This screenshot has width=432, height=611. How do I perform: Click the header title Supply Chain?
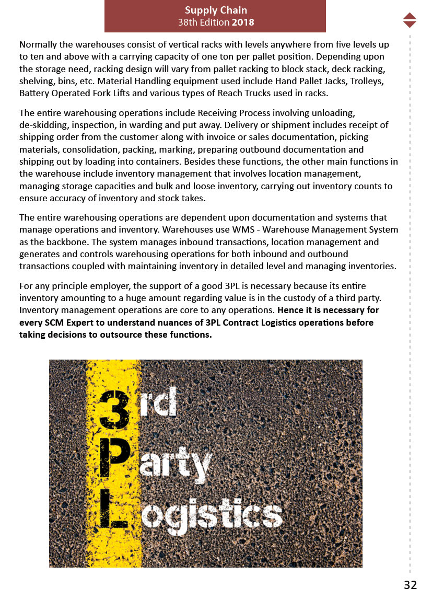pos(216,10)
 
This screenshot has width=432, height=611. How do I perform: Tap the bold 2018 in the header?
pos(243,22)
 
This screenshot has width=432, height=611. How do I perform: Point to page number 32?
pos(410,585)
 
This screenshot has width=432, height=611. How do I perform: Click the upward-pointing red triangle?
pos(410,16)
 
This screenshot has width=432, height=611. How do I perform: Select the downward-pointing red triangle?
pos(410,24)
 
